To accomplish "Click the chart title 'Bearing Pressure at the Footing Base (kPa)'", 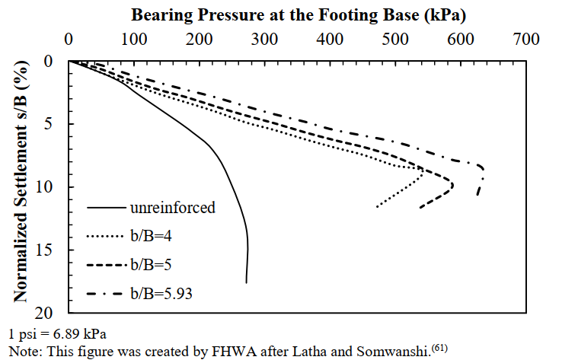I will [x=299, y=15].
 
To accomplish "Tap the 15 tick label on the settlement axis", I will [x=49, y=250].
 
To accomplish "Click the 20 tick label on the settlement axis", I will [x=49, y=314].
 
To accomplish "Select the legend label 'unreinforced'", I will [x=173, y=207].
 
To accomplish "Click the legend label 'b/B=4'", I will [x=153, y=235].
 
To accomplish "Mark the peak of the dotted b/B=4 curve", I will [x=423, y=172].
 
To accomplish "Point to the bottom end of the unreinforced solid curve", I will [x=246, y=283].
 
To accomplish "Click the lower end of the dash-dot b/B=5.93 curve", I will [x=477, y=196].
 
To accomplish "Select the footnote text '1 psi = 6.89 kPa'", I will [x=58, y=333].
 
